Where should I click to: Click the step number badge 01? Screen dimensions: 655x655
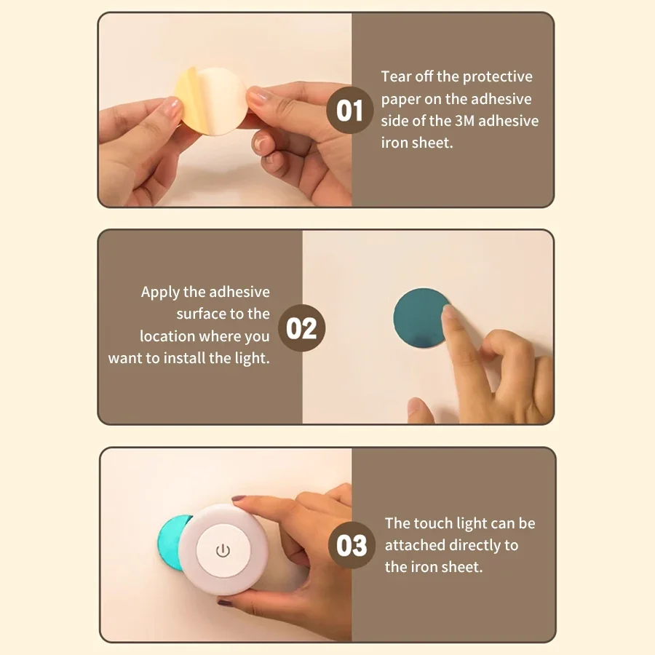click(x=349, y=111)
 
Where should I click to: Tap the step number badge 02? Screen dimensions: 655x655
click(x=302, y=328)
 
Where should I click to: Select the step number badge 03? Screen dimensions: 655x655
click(x=352, y=545)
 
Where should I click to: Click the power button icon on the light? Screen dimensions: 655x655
click(x=223, y=550)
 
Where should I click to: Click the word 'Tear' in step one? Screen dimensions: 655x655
click(x=397, y=76)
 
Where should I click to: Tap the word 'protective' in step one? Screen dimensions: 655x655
click(x=498, y=76)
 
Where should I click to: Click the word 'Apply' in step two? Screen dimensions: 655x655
click(x=160, y=292)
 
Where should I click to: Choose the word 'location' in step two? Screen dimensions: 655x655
click(x=167, y=336)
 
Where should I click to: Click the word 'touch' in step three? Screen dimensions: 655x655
click(x=434, y=523)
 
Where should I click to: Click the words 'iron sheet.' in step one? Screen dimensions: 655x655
click(x=417, y=143)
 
